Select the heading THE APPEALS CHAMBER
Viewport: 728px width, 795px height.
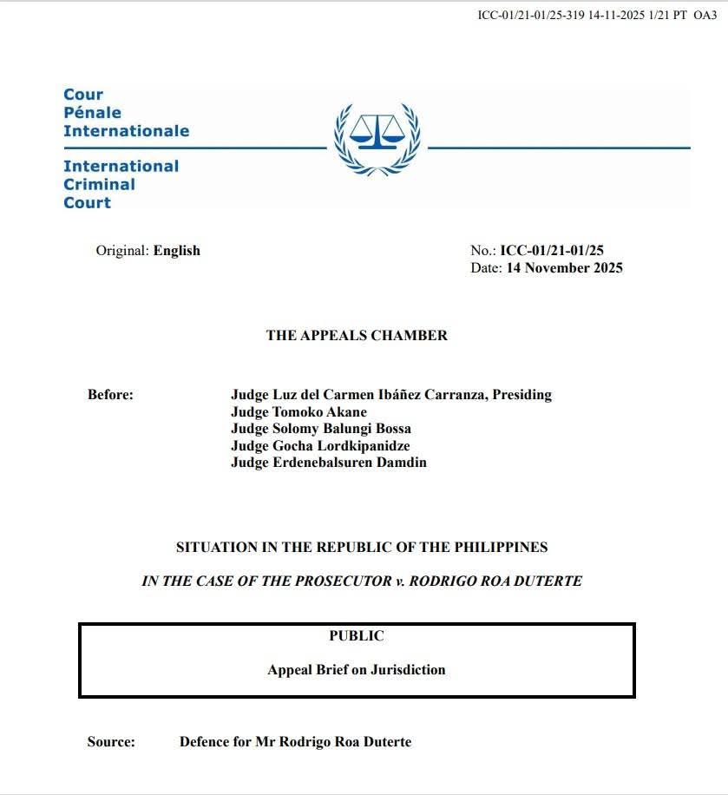coord(357,336)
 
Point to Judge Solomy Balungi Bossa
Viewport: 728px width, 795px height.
coord(320,429)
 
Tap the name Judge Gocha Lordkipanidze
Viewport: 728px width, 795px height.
coord(320,445)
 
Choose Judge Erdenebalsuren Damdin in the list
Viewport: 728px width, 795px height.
coord(328,463)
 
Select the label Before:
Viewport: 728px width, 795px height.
coord(110,395)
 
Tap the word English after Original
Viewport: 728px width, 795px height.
coord(177,251)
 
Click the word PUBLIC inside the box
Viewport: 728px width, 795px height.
coord(356,636)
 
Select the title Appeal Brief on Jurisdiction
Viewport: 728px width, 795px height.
coord(356,670)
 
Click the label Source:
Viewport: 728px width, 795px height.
coord(111,742)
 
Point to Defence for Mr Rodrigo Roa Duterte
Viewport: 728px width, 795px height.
coord(295,742)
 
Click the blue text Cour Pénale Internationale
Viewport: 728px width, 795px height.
coord(125,113)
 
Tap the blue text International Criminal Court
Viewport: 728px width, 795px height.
coord(121,184)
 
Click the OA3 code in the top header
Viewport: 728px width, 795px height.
coord(705,16)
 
